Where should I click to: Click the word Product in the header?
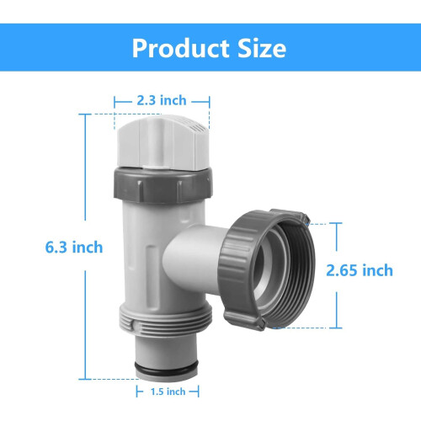point(181,48)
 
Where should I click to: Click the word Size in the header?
point(262,48)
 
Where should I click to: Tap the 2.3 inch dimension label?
point(162,100)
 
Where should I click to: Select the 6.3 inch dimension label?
point(74,248)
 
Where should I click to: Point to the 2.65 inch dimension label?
point(360,270)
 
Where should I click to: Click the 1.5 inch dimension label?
point(168,392)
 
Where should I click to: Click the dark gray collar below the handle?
point(163,185)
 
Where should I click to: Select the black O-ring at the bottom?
point(167,368)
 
